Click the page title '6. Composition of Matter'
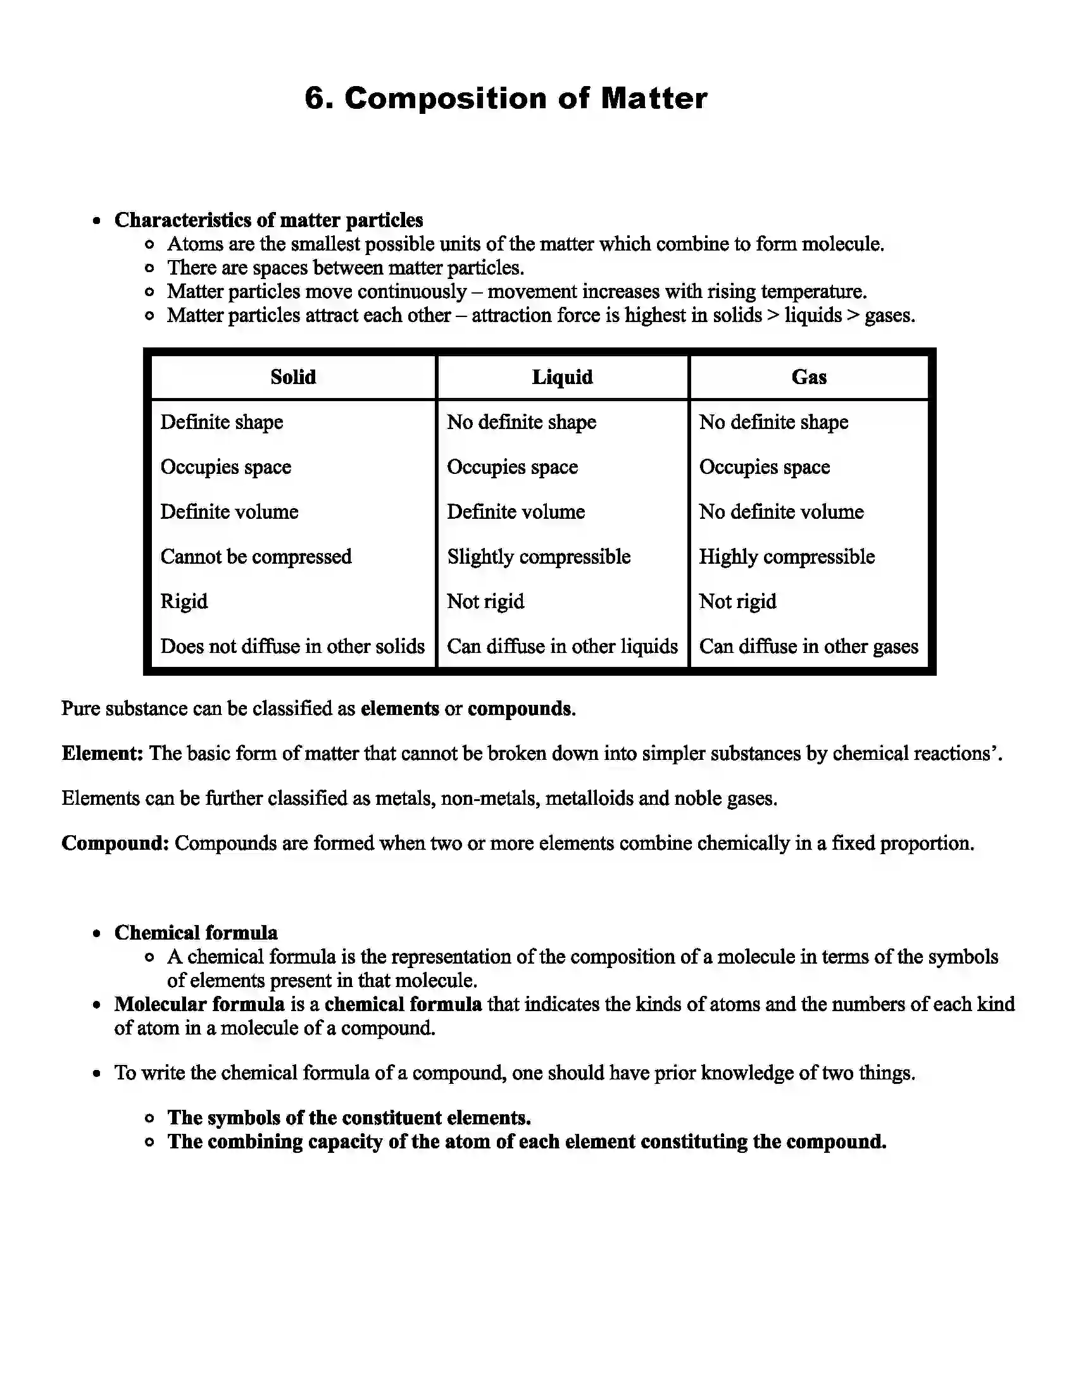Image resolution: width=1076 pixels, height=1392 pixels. click(506, 99)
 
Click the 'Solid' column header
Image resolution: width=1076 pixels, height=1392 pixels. click(292, 377)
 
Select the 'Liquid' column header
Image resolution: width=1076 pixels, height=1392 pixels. click(561, 377)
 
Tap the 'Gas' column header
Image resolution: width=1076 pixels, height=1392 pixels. click(808, 377)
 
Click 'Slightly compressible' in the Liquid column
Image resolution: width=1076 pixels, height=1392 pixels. click(538, 557)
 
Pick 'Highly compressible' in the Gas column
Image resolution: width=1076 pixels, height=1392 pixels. click(786, 557)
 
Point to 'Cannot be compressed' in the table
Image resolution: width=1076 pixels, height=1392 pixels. click(256, 557)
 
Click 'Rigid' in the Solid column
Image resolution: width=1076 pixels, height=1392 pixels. click(184, 602)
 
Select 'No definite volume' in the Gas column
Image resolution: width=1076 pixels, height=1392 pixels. click(781, 512)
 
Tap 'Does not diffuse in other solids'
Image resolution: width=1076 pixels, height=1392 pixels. click(292, 646)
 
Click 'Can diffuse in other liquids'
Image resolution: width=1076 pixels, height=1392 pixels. click(561, 646)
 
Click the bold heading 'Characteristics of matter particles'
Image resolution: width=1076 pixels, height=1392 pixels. click(268, 221)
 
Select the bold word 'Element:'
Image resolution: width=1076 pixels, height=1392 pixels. click(102, 754)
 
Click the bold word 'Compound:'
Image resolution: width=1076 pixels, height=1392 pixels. click(115, 843)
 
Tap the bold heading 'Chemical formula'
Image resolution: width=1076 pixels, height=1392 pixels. click(196, 933)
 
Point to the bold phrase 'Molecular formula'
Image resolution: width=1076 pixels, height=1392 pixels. click(199, 1005)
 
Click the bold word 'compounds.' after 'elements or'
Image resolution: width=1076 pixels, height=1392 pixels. click(521, 709)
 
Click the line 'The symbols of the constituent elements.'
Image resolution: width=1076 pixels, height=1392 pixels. click(349, 1118)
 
